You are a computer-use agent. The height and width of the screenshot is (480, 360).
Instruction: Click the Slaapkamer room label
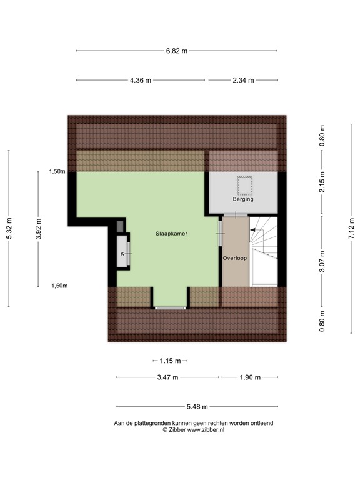coord(172,233)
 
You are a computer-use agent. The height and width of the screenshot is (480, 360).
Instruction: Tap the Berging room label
coord(243,199)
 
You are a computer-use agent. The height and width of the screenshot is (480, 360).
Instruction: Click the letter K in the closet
coord(122,254)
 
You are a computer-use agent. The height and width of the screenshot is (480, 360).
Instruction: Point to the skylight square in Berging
coord(243,185)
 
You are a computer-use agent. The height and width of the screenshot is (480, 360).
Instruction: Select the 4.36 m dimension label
coord(140,80)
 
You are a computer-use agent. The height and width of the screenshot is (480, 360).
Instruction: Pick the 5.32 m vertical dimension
coord(9,229)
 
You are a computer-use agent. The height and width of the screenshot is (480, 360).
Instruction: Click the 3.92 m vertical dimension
coord(39,229)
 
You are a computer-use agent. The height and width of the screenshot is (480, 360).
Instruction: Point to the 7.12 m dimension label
coord(351,229)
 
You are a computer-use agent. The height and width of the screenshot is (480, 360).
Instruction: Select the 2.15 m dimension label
coord(322,184)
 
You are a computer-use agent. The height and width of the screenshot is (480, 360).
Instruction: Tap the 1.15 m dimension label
coord(169,361)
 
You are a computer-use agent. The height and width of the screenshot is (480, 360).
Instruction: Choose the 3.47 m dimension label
coord(167,377)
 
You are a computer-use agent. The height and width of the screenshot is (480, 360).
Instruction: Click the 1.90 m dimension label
coord(249,377)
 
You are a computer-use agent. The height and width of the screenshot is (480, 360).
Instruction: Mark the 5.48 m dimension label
coord(197,407)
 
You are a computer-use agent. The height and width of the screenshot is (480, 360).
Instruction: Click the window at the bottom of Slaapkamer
coord(171,307)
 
